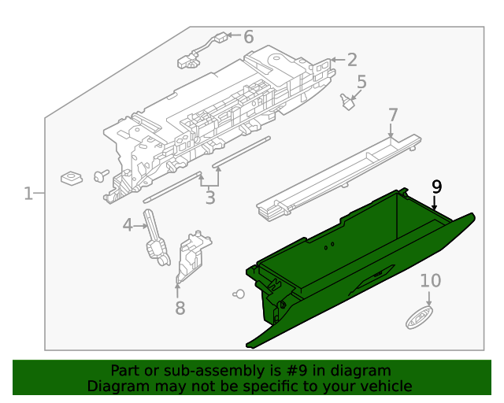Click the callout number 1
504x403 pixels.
click(x=28, y=193)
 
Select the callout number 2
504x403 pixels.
click(x=351, y=59)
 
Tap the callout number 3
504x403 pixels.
click(x=210, y=198)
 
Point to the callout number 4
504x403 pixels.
click(x=128, y=226)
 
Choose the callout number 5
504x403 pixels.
click(x=361, y=82)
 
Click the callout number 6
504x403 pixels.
click(x=248, y=37)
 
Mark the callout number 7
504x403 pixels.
click(x=393, y=116)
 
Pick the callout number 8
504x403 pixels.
click(x=180, y=308)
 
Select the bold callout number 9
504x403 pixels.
click(x=436, y=187)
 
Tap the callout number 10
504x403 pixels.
click(x=430, y=281)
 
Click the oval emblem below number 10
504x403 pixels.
click(x=418, y=319)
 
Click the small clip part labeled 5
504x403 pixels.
click(x=346, y=102)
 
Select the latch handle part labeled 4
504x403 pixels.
click(x=156, y=241)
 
